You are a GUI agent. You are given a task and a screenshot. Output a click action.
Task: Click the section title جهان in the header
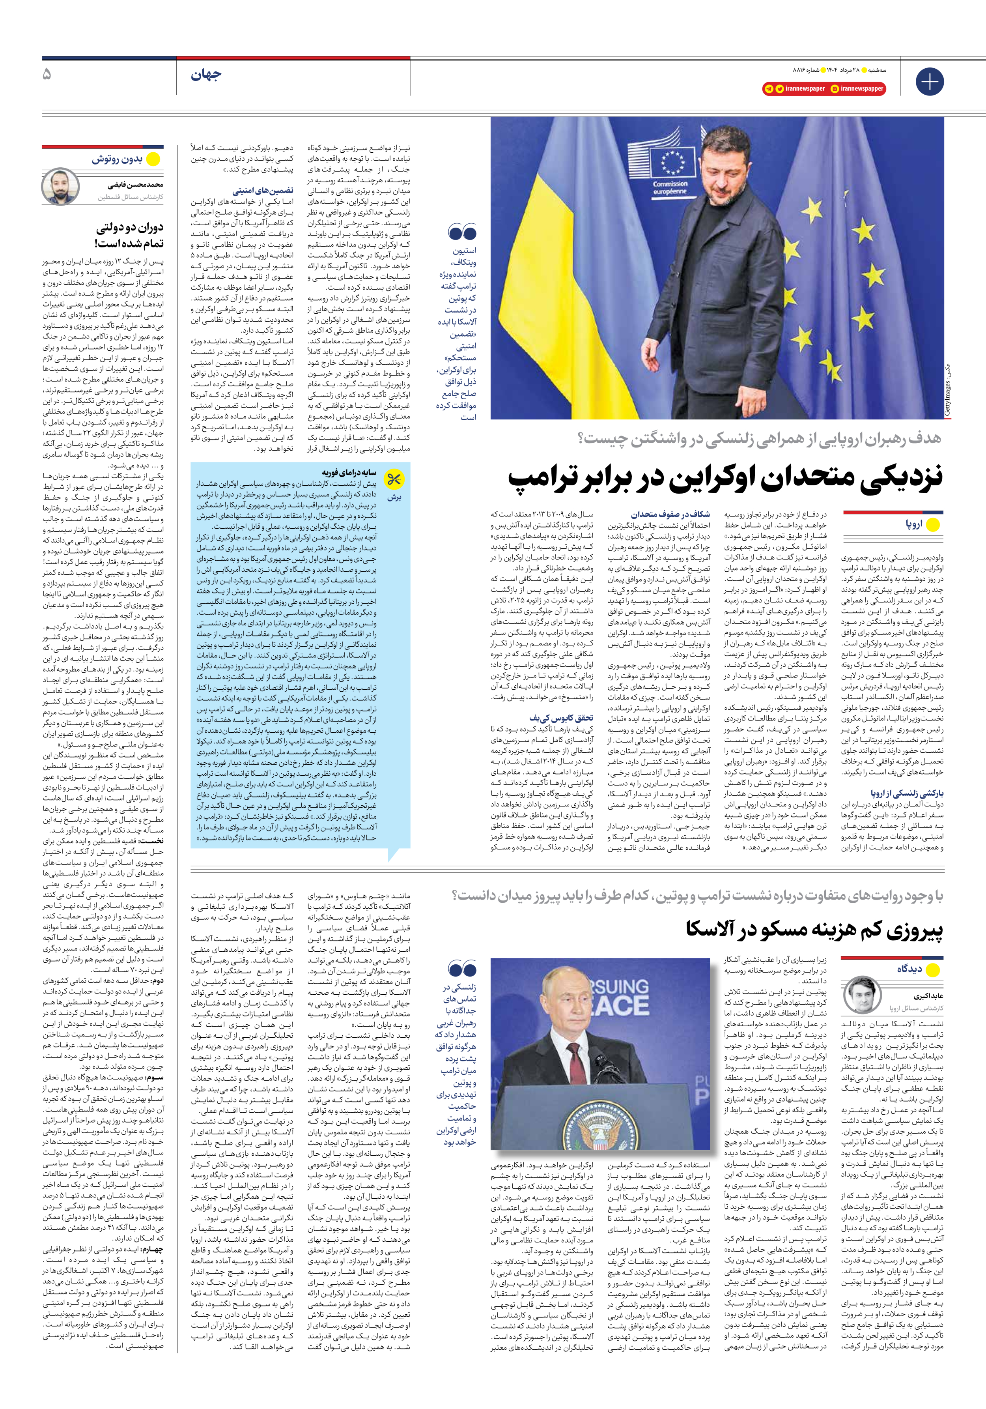tap(205, 75)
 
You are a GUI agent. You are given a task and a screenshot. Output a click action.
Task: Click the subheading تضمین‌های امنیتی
tap(263, 191)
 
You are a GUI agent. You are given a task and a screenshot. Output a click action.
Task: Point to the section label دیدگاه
tap(909, 969)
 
